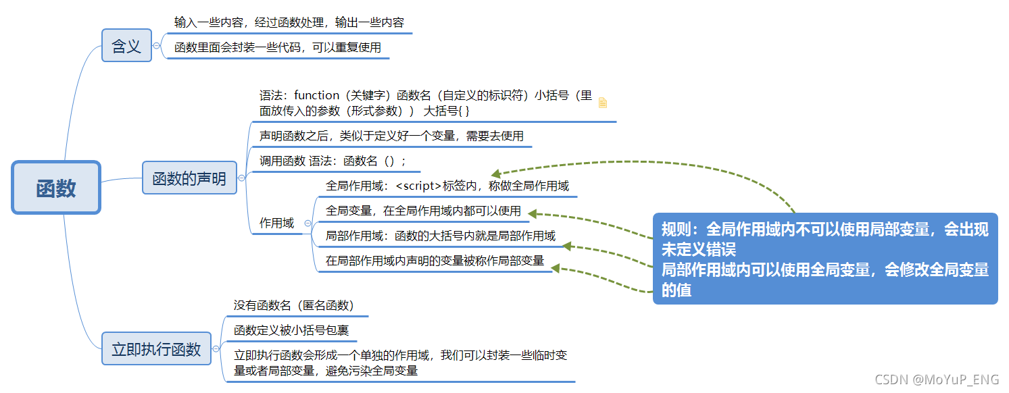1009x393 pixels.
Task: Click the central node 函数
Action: (x=56, y=188)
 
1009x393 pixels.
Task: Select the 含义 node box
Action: (x=126, y=46)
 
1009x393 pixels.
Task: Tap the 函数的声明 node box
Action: (x=189, y=178)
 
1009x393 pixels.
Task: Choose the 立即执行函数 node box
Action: (x=156, y=348)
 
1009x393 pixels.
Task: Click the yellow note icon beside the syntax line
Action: (x=603, y=103)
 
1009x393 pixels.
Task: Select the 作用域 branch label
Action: (x=277, y=223)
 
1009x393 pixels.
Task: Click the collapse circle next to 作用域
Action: (x=307, y=223)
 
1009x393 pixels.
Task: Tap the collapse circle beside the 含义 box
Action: (x=157, y=46)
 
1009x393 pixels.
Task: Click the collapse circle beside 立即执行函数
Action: (x=216, y=348)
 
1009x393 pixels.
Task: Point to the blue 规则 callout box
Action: (x=825, y=259)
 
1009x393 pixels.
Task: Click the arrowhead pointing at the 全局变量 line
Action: (x=533, y=213)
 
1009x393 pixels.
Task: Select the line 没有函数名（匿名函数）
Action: (x=294, y=305)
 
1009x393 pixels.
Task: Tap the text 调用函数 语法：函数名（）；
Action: (x=333, y=161)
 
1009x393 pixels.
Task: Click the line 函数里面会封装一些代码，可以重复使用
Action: (x=278, y=47)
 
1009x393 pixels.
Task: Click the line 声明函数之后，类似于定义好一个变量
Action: (x=391, y=136)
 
